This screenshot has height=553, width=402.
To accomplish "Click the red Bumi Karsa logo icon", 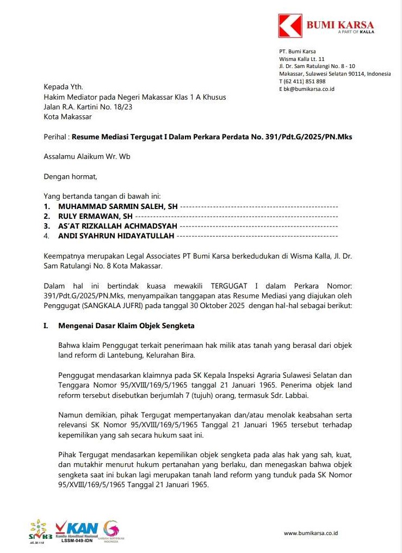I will coord(290,26).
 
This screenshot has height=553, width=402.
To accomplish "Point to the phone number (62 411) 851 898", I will coord(305,81).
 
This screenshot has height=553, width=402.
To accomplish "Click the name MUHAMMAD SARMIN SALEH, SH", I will coord(117,207).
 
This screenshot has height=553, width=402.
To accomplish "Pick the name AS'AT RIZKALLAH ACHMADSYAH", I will coord(117,226).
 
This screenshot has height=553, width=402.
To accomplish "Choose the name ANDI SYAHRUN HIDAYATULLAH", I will coord(116,236).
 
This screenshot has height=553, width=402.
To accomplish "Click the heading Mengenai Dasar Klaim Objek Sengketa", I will coord(126,326).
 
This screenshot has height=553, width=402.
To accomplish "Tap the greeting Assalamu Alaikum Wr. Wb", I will coord(87,157).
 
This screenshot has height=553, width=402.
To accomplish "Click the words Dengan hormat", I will coord(70,176).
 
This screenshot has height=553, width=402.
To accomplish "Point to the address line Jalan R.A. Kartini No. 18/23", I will coord(88,107).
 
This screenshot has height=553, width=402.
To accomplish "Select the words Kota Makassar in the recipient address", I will coord(68,116).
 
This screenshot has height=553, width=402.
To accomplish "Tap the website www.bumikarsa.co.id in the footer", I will coord(311,533).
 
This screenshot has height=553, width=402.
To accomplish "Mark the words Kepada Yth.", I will coord(63,87).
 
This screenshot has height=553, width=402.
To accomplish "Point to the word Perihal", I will coord(55,137).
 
